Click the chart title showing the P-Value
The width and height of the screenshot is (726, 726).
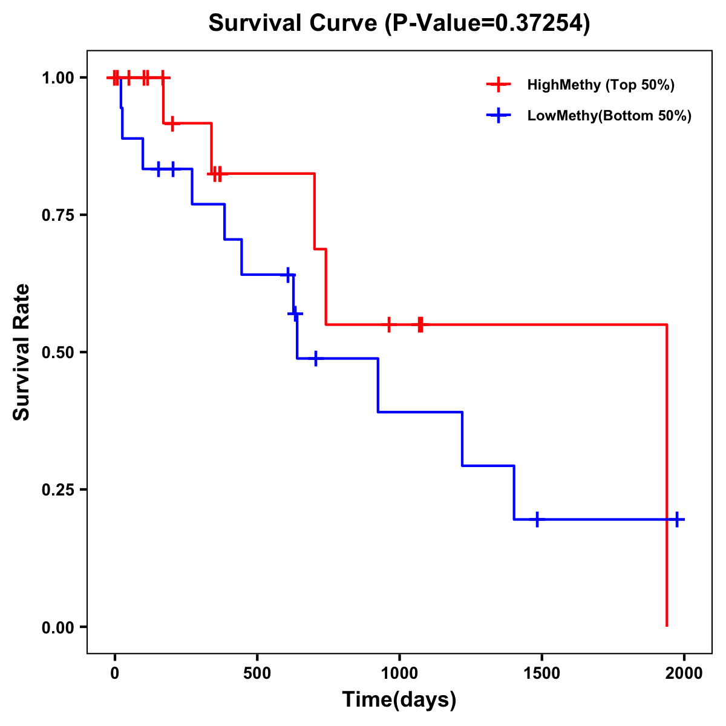coord(399,23)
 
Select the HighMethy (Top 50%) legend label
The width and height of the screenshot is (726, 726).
coord(601,85)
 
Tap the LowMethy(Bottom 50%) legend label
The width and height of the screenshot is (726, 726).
coord(609,116)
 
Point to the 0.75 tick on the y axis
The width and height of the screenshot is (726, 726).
coord(57,215)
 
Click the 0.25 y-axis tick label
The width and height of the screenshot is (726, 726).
coord(57,490)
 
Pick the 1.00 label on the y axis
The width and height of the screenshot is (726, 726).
coord(57,78)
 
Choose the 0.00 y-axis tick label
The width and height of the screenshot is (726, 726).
coord(57,627)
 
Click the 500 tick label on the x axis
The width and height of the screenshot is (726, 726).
coord(257,673)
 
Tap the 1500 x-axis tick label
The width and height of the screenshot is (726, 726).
coord(541,673)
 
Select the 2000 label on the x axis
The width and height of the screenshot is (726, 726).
coord(684,673)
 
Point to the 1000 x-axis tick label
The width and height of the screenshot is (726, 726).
coord(399,673)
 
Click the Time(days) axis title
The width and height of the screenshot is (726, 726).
coord(399,700)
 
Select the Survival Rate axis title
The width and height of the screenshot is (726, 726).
coord(22,352)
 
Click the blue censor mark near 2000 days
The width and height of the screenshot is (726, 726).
coord(677,519)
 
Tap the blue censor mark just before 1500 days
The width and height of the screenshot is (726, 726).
coord(537,519)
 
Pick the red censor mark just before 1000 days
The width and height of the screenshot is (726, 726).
coord(388,324)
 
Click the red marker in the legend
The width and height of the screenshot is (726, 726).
coord(499,85)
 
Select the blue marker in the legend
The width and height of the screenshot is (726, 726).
coord(499,116)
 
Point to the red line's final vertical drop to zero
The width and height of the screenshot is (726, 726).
coord(667,478)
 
